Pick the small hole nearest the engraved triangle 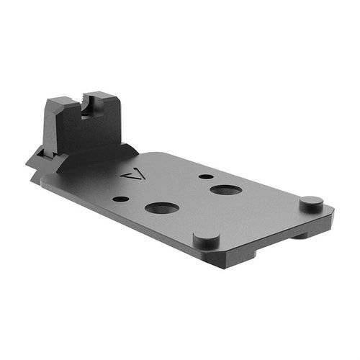(x=122, y=199)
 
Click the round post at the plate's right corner (x=309, y=202)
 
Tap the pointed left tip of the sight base (x=28, y=165)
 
